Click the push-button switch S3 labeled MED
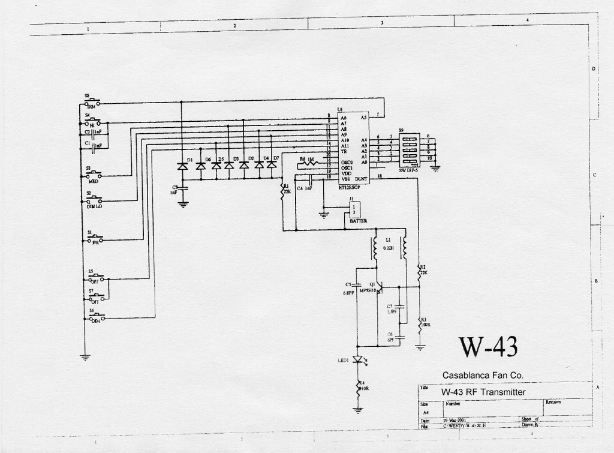click(x=93, y=175)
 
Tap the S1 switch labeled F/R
click(x=95, y=239)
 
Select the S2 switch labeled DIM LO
click(x=93, y=200)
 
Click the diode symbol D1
click(x=182, y=166)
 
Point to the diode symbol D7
click(x=274, y=165)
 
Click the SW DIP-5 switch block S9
click(x=409, y=150)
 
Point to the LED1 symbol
click(x=359, y=360)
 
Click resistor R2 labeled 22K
click(x=420, y=273)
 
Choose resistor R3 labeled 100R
click(x=420, y=325)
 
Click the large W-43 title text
click(x=487, y=347)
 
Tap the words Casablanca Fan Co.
click(x=483, y=375)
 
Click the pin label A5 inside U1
click(x=363, y=118)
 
